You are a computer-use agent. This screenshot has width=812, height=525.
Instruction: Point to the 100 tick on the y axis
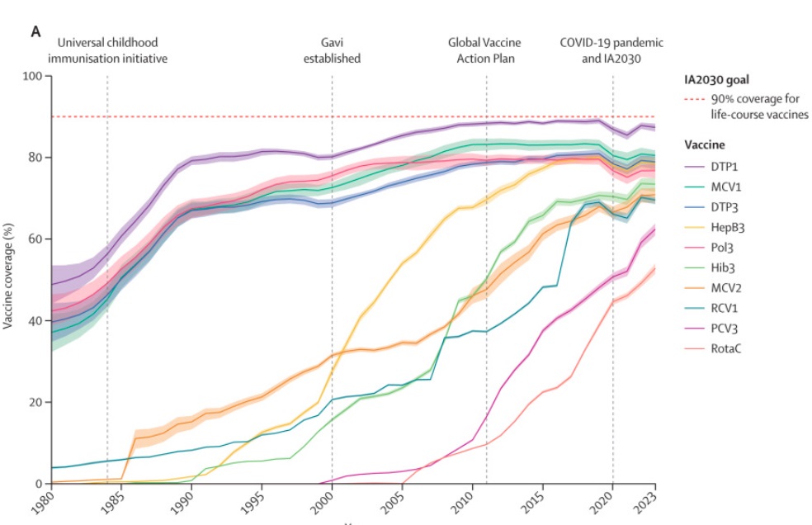[x=32, y=77]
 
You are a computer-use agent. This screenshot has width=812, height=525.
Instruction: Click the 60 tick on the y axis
[x=35, y=239]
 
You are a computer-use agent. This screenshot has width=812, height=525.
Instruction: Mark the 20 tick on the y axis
[x=35, y=402]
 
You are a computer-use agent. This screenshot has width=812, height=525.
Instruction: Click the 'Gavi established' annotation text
[x=332, y=50]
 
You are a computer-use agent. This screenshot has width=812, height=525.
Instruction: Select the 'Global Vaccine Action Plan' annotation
[x=486, y=50]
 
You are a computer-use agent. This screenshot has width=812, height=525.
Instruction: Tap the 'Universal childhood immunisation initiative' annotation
[x=106, y=50]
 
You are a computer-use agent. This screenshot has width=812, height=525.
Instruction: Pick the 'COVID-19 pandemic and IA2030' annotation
[x=611, y=50]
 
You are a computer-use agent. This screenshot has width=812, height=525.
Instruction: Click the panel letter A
[x=35, y=31]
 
